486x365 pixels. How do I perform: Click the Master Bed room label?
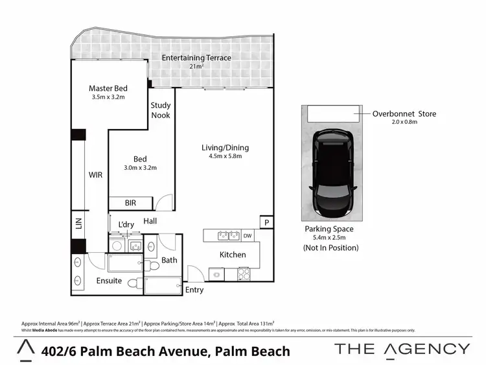click(108, 88)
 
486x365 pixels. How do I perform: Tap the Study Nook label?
click(161, 110)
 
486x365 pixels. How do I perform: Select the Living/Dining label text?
click(225, 147)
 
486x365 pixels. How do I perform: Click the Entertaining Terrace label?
click(196, 58)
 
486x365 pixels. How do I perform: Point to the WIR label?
click(96, 174)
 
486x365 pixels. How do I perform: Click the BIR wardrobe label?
click(130, 203)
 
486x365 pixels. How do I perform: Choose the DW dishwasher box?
click(248, 235)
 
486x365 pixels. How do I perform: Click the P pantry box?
click(266, 222)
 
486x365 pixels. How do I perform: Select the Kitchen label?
click(233, 255)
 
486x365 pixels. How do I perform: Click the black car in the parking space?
click(331, 173)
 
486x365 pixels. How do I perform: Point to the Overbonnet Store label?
click(404, 114)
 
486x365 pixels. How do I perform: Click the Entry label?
click(194, 290)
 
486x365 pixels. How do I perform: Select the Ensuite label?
click(109, 281)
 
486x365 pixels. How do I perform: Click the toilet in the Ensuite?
click(135, 283)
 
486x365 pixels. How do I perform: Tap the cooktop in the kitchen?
click(245, 274)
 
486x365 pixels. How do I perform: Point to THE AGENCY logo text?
click(402, 349)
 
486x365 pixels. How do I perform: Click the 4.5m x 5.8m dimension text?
click(225, 156)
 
